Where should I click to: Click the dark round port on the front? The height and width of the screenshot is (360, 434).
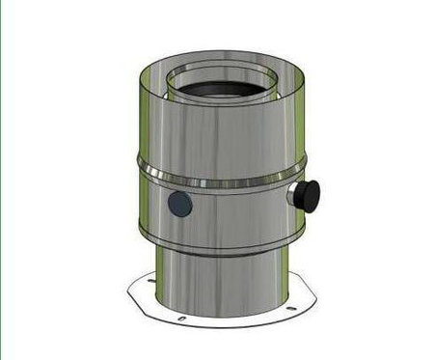click(179, 204)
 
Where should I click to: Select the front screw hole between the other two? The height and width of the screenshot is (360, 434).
click(181, 318)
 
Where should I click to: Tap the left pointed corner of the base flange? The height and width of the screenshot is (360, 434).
click(129, 289)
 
